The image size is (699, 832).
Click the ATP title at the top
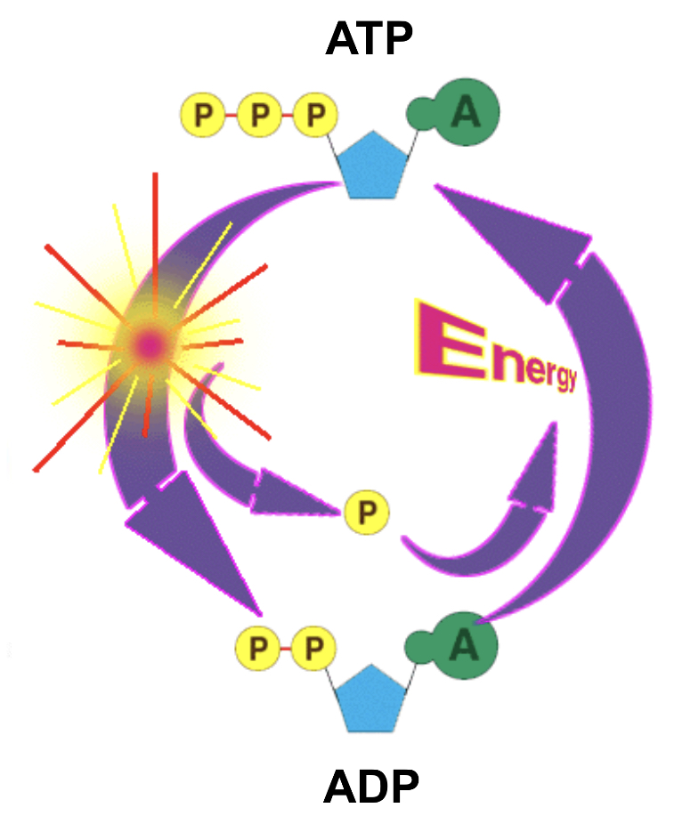pos(370,39)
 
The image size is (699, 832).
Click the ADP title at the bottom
pos(370,787)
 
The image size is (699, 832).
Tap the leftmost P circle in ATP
pos(203,115)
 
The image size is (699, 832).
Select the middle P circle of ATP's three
pos(259,115)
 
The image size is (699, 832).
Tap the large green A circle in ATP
pos(466,111)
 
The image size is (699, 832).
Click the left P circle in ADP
pos(257,647)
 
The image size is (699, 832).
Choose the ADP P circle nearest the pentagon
pos(313,647)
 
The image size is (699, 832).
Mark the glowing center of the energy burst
pos(149,343)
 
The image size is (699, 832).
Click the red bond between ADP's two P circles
pos(285,647)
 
